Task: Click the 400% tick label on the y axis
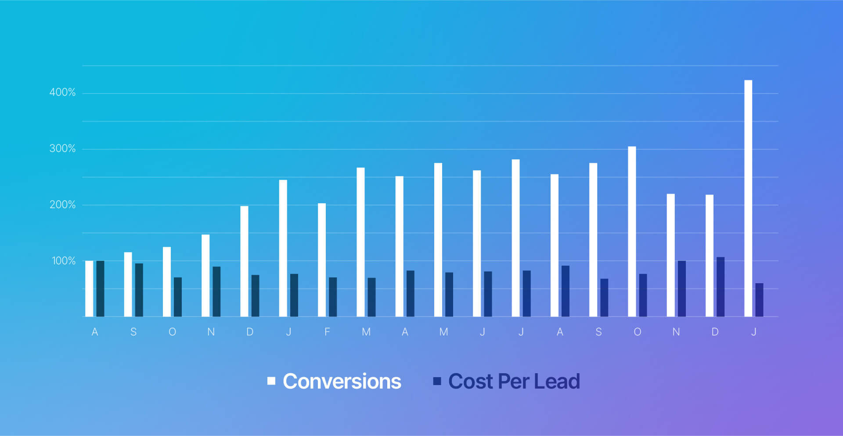point(62,93)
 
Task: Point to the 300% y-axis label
point(62,149)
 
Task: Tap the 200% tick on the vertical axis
point(62,205)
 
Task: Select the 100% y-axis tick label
point(64,261)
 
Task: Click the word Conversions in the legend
point(342,381)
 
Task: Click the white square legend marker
point(271,381)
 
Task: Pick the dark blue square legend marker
point(437,381)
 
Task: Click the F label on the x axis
point(327,332)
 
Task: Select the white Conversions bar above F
point(322,260)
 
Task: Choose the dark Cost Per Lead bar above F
point(333,297)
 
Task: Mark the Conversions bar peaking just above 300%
point(632,231)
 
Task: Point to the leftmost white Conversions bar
point(89,288)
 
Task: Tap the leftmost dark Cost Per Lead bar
point(100,288)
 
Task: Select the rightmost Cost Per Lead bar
point(759,300)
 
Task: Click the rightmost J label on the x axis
point(753,332)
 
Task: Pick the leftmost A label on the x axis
point(95,332)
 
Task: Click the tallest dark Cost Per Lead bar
point(721,287)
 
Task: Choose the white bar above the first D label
point(244,261)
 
